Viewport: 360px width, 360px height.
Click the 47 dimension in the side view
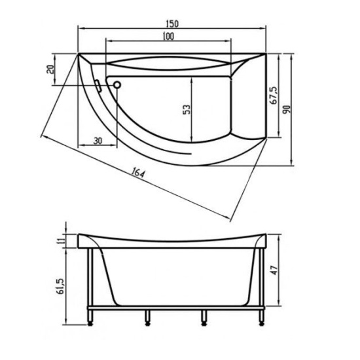(x=277, y=269)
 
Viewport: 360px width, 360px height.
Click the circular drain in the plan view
(x=117, y=84)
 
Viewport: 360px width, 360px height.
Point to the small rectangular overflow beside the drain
(x=98, y=85)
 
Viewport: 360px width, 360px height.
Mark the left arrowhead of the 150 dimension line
(x=81, y=28)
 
